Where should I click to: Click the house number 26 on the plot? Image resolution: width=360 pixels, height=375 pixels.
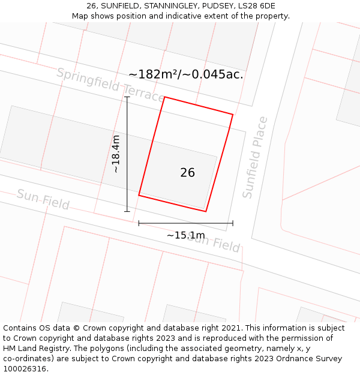(x=187, y=173)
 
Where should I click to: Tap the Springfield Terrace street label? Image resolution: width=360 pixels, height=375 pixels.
(x=110, y=85)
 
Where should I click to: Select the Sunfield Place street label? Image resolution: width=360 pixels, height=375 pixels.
(x=255, y=157)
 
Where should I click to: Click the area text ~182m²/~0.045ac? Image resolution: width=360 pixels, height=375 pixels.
(x=185, y=74)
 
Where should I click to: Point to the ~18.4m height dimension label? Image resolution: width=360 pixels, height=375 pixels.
(x=116, y=154)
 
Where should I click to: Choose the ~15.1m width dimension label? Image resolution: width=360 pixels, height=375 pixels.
(x=185, y=235)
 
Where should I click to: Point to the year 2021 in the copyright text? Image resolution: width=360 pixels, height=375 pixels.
(x=230, y=328)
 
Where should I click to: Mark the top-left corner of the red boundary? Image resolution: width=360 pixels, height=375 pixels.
(x=164, y=97)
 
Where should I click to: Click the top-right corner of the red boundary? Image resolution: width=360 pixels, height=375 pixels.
(x=233, y=114)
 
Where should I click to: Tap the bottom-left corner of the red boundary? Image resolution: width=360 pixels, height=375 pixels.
(x=139, y=195)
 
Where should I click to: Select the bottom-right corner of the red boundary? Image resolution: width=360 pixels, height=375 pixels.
(x=206, y=211)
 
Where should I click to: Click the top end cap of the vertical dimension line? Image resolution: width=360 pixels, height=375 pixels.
(x=127, y=97)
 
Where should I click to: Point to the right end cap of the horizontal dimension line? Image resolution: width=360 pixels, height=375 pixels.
(x=233, y=223)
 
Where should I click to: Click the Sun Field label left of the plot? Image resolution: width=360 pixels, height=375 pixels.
(x=43, y=199)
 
